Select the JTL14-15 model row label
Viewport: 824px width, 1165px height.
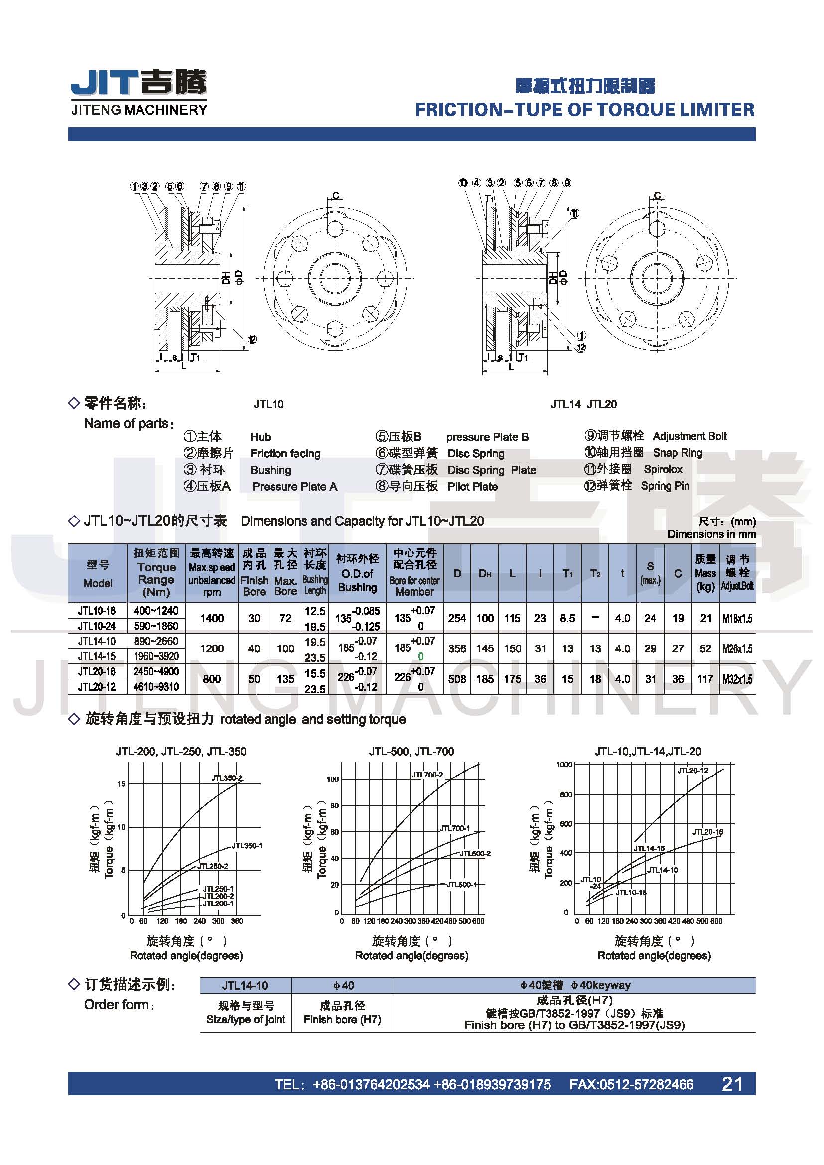tap(97, 656)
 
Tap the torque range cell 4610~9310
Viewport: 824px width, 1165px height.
tap(156, 687)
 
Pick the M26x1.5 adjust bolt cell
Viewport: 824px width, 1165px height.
tap(737, 648)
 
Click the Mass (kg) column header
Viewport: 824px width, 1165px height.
tap(705, 573)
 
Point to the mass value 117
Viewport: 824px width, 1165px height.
tap(705, 679)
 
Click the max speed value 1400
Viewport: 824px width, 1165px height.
tap(212, 618)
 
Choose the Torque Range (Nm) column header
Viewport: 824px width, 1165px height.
tap(156, 573)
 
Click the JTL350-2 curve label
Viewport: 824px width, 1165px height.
tap(227, 778)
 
